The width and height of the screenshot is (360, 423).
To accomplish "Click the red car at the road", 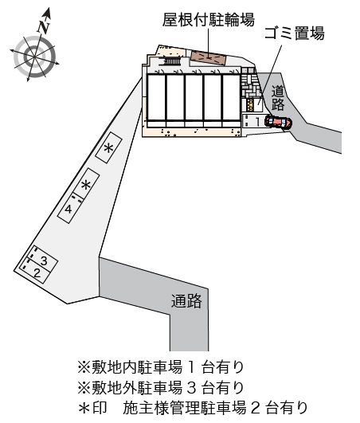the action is point(278,122).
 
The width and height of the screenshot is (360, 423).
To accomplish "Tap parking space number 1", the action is point(253,121).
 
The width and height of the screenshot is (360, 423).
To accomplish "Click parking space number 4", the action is point(68,208).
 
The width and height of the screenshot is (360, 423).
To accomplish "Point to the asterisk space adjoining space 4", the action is point(86,184).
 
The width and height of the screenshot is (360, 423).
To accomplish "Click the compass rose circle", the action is point(34,57).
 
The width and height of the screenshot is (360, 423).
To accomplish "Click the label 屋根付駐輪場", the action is point(208,20).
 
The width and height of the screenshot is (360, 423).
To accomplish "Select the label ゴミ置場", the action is point(295,33).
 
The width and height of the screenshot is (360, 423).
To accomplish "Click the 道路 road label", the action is point(278,98).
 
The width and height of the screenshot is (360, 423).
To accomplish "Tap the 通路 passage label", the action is point(186,300).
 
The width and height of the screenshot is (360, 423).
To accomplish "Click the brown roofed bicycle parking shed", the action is point(208,57).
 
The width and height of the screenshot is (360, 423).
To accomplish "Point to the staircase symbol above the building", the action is point(170,61).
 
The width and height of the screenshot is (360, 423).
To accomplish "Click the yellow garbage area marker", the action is point(250,104).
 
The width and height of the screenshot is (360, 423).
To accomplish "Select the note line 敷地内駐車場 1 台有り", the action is point(161,367).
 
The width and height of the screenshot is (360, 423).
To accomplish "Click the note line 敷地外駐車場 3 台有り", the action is point(161,387).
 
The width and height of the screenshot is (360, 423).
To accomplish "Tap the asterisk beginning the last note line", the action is point(84,408).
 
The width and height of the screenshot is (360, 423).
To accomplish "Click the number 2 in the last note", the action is point(256,408).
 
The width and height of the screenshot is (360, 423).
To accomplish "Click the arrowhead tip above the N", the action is point(49,7).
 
